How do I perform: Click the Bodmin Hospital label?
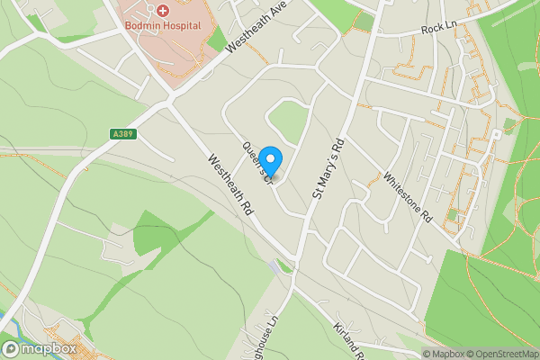(x=163, y=26)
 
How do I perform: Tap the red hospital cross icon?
(x=163, y=11)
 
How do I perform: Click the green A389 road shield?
(x=124, y=134)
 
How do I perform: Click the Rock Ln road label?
(x=440, y=30)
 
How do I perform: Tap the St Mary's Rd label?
(x=328, y=169)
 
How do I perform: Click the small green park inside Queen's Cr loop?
(x=288, y=123)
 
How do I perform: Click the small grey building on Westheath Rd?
(x=274, y=267)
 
